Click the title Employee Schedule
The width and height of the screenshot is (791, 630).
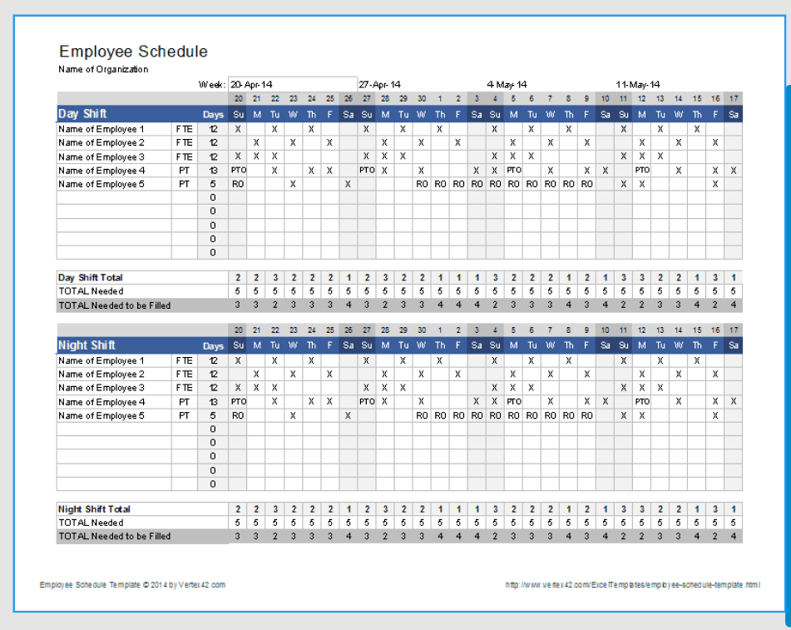pyautogui.click(x=133, y=52)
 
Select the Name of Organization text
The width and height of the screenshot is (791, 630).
pyautogui.click(x=103, y=70)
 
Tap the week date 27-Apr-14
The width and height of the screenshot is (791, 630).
pyautogui.click(x=379, y=84)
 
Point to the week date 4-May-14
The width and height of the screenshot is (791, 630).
pyautogui.click(x=507, y=84)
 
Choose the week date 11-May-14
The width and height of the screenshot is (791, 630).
pyautogui.click(x=637, y=84)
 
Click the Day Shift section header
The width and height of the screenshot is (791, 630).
pyautogui.click(x=82, y=114)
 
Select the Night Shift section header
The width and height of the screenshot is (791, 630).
pyautogui.click(x=87, y=345)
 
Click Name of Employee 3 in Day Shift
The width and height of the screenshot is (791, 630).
pyautogui.click(x=101, y=156)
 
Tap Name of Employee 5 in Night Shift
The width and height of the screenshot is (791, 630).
pyautogui.click(x=101, y=415)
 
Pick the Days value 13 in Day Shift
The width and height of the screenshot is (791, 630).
pyautogui.click(x=213, y=171)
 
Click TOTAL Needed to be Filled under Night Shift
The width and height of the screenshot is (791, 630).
pyautogui.click(x=114, y=537)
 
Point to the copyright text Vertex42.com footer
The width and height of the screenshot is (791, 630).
pyautogui.click(x=132, y=585)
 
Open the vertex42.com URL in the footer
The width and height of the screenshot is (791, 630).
pyautogui.click(x=632, y=585)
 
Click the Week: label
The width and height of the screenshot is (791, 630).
pyautogui.click(x=211, y=84)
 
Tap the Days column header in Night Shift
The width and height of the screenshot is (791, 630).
pyautogui.click(x=213, y=346)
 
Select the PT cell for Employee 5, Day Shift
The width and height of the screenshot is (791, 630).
pyautogui.click(x=185, y=184)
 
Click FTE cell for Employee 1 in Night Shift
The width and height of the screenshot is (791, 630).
pyautogui.click(x=185, y=361)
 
